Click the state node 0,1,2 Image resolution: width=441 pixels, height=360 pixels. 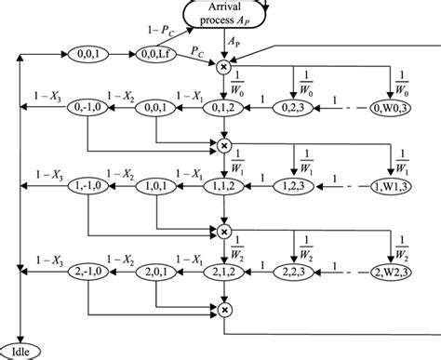(x=224, y=109)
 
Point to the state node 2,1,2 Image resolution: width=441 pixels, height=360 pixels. (x=224, y=271)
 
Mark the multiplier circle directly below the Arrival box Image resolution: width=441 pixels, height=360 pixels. (x=224, y=66)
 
